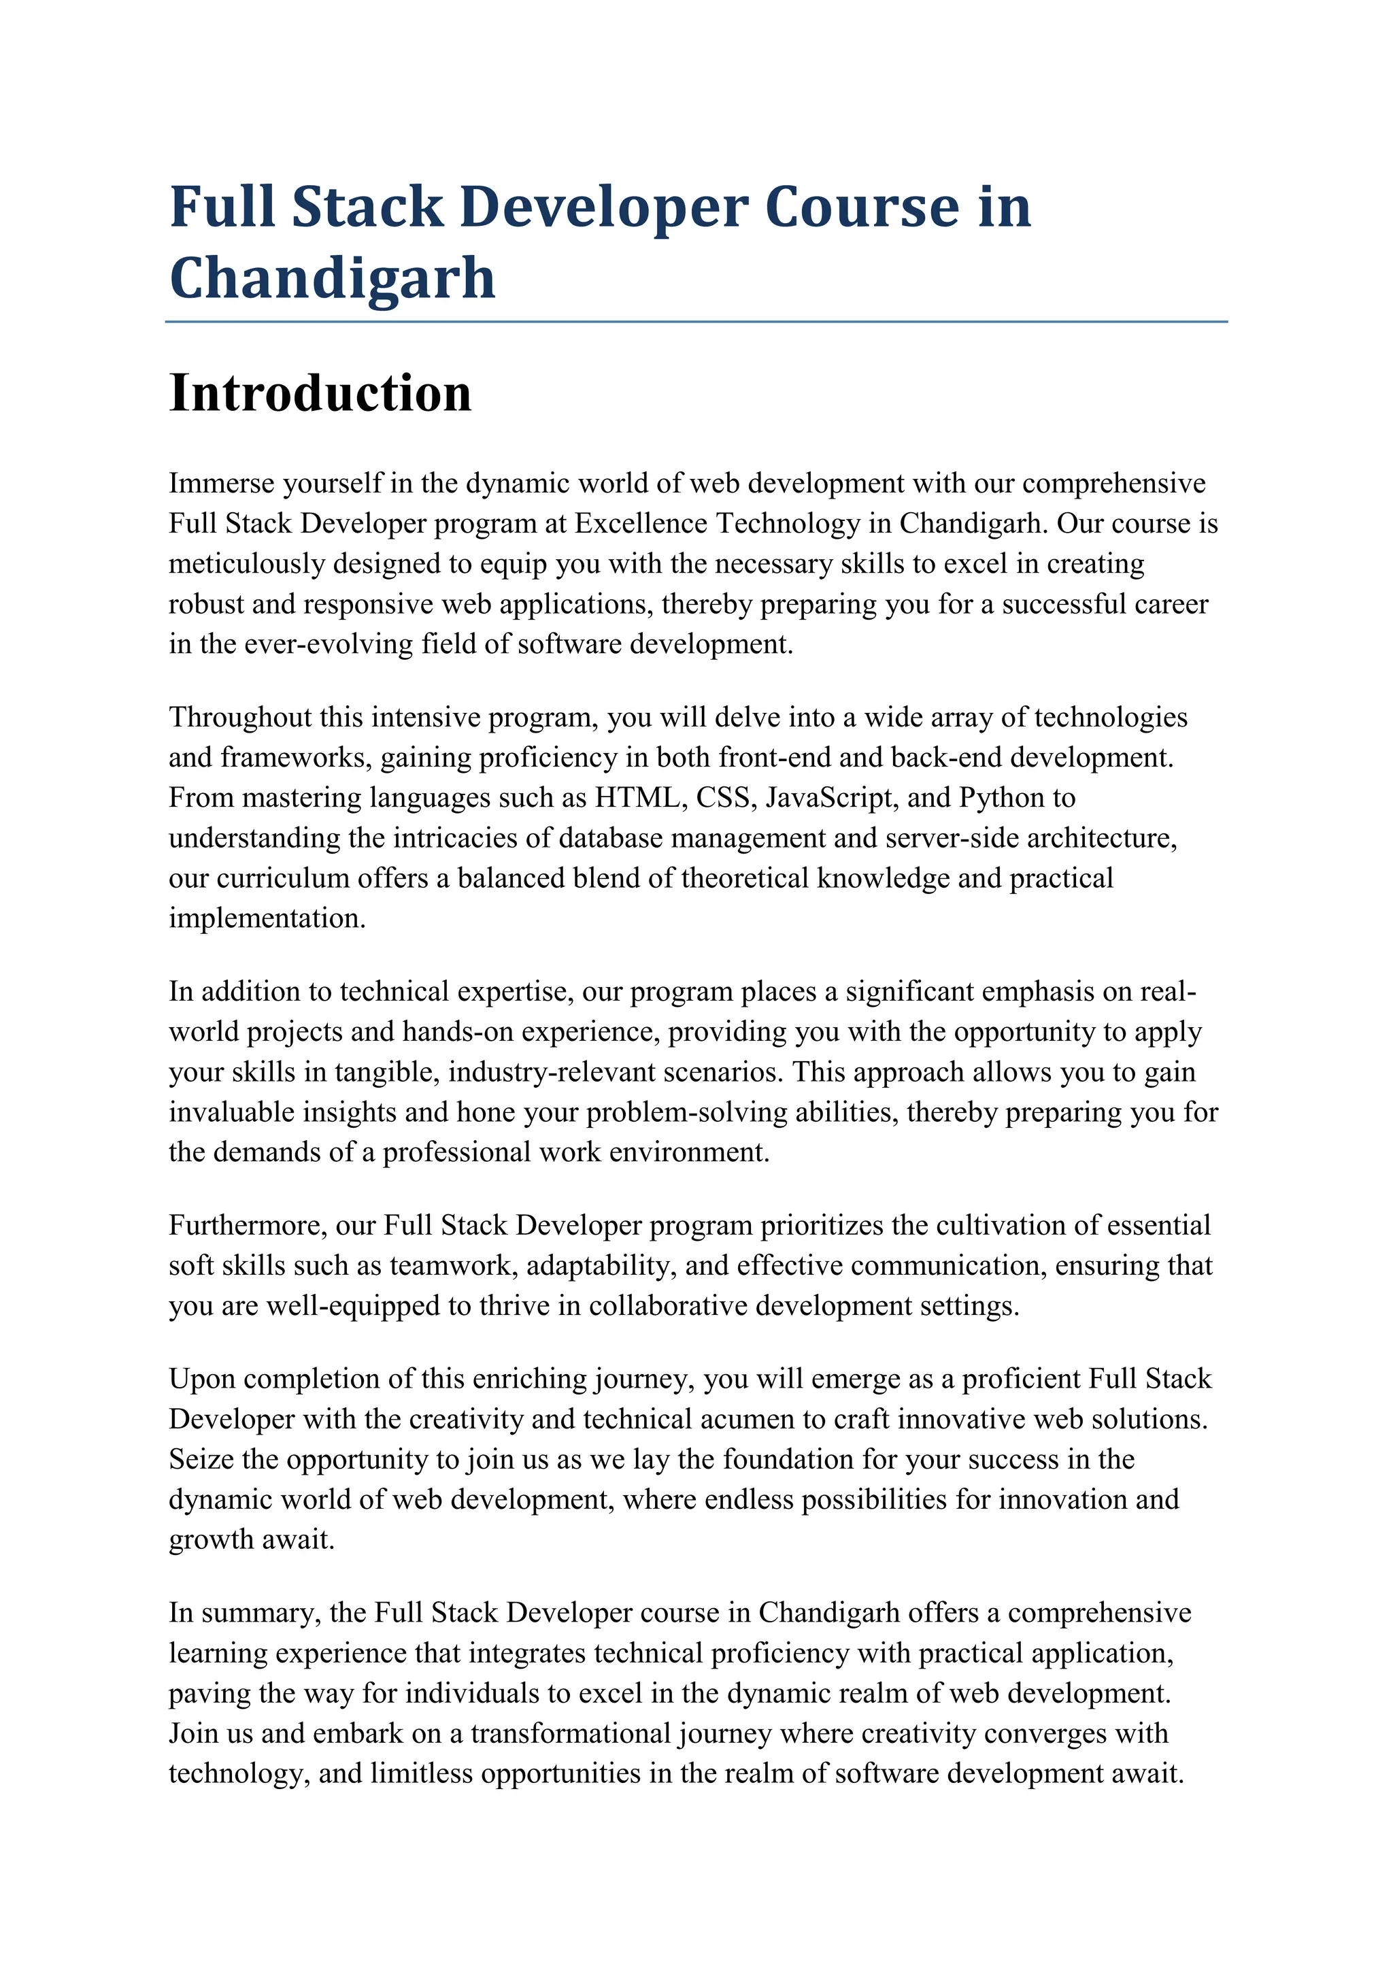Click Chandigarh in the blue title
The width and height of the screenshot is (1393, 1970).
click(333, 278)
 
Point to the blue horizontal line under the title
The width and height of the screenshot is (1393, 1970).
click(696, 322)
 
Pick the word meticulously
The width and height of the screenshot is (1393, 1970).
click(246, 564)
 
